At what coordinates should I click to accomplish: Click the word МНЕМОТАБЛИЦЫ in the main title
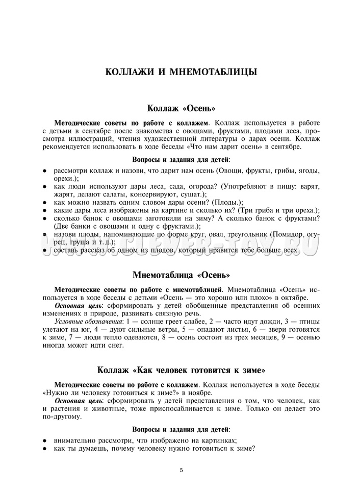[213, 72]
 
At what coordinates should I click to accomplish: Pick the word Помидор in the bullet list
[287, 234]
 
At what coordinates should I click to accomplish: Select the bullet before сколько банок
[45, 218]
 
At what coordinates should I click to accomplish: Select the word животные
[109, 409]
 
